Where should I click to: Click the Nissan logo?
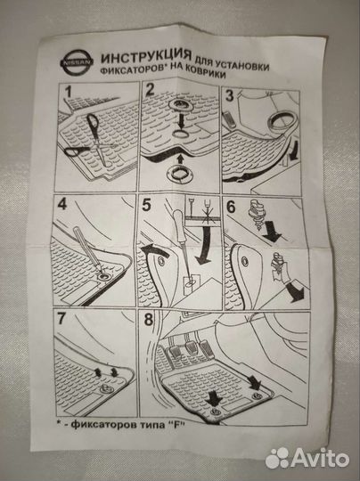pos(77,62)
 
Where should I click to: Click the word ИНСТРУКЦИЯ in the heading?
pos(146,56)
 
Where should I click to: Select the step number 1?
pos(68,92)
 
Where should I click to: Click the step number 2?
pos(150,89)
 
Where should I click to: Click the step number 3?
pos(230,95)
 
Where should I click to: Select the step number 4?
pos(61,204)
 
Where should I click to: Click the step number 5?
pos(146,206)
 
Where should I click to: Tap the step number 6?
pos(231,207)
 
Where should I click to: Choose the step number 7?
pos(61,318)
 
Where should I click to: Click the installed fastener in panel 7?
pos(107,389)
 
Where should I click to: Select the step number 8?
pos(149,320)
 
